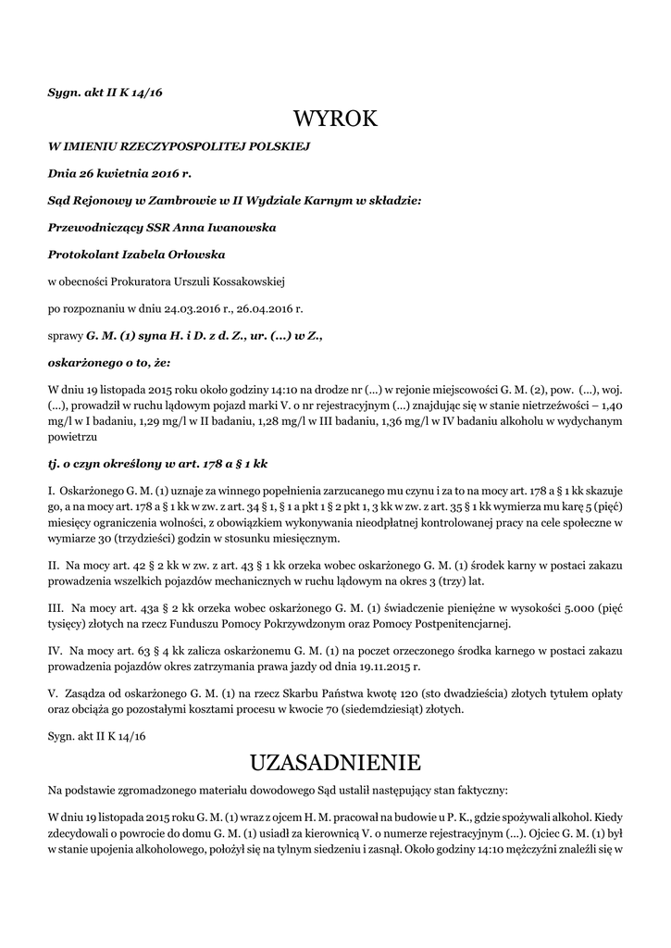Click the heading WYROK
pos(335,118)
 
